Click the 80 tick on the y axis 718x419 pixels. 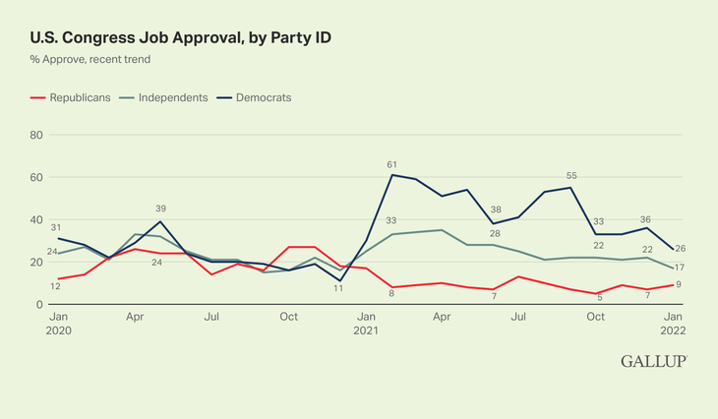pos(38,135)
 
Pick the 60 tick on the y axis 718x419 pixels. pos(38,177)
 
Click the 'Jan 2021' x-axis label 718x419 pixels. pos(365,324)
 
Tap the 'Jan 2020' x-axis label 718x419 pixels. pos(58,324)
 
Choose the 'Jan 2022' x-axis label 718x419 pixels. pos(673,324)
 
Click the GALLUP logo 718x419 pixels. pos(653,362)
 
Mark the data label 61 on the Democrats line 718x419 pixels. pos(391,164)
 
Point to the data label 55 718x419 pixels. pos(570,176)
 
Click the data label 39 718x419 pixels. pos(161,209)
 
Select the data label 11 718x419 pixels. pos(338,288)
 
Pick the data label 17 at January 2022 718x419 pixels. pos(680,268)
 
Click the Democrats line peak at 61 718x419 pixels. pos(391,175)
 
